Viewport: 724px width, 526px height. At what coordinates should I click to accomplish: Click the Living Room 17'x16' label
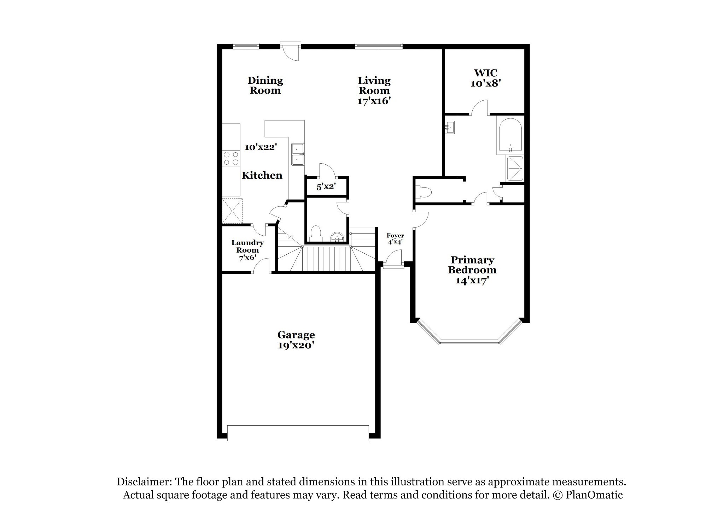[374, 91]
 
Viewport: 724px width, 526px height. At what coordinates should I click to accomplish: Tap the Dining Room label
[265, 85]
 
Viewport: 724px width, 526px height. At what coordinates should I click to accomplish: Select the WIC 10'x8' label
[486, 78]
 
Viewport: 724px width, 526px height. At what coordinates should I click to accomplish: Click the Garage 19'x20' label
[296, 340]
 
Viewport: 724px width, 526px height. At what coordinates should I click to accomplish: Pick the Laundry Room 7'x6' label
[247, 250]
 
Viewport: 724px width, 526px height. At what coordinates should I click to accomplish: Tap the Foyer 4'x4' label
[395, 239]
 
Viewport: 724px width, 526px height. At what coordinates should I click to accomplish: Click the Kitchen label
[262, 175]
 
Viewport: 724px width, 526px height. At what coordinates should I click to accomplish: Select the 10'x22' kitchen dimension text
[260, 147]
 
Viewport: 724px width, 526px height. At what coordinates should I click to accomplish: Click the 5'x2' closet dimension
[326, 186]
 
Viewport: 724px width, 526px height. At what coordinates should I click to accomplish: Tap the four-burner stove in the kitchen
[231, 158]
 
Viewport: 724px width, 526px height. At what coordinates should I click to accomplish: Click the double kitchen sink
[298, 154]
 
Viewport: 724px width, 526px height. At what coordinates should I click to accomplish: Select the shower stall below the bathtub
[515, 169]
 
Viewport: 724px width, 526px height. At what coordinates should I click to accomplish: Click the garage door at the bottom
[298, 433]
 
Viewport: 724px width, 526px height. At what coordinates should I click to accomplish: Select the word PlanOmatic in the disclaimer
[594, 495]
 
